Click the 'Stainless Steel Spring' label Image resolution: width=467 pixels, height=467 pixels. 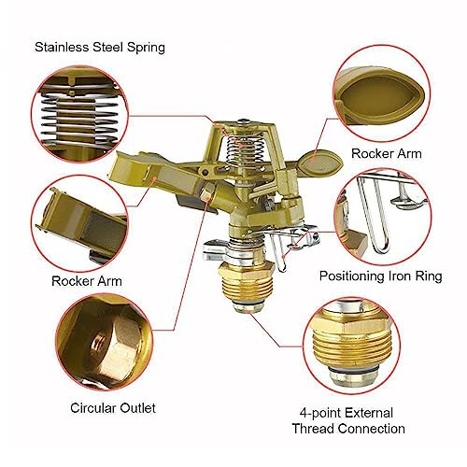click(x=100, y=48)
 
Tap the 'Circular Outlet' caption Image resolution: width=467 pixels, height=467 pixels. click(x=113, y=408)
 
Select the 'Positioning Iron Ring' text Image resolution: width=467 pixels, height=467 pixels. click(x=381, y=276)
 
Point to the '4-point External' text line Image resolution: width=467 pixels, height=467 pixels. click(x=347, y=413)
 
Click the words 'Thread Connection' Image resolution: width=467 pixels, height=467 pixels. click(x=348, y=429)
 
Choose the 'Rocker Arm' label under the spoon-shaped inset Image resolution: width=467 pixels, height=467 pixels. click(x=387, y=153)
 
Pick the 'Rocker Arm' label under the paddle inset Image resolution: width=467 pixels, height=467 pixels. click(x=87, y=281)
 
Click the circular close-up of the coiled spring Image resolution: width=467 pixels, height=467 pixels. click(x=79, y=114)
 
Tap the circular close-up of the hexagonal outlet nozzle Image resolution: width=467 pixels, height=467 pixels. click(x=105, y=342)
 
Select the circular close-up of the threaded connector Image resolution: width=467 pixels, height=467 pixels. click(x=351, y=346)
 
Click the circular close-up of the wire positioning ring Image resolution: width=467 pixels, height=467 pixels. click(x=382, y=217)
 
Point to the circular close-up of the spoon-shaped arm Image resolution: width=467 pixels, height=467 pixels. click(x=381, y=93)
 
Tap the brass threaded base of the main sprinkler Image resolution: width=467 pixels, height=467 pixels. click(x=247, y=288)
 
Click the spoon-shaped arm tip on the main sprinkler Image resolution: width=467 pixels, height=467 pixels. click(x=320, y=163)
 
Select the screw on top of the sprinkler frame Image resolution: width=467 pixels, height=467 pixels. click(x=245, y=121)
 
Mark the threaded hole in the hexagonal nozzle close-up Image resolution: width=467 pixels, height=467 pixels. click(x=99, y=342)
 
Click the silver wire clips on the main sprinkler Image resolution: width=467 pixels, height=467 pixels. click(x=292, y=242)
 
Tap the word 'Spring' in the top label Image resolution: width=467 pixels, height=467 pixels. click(x=146, y=48)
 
